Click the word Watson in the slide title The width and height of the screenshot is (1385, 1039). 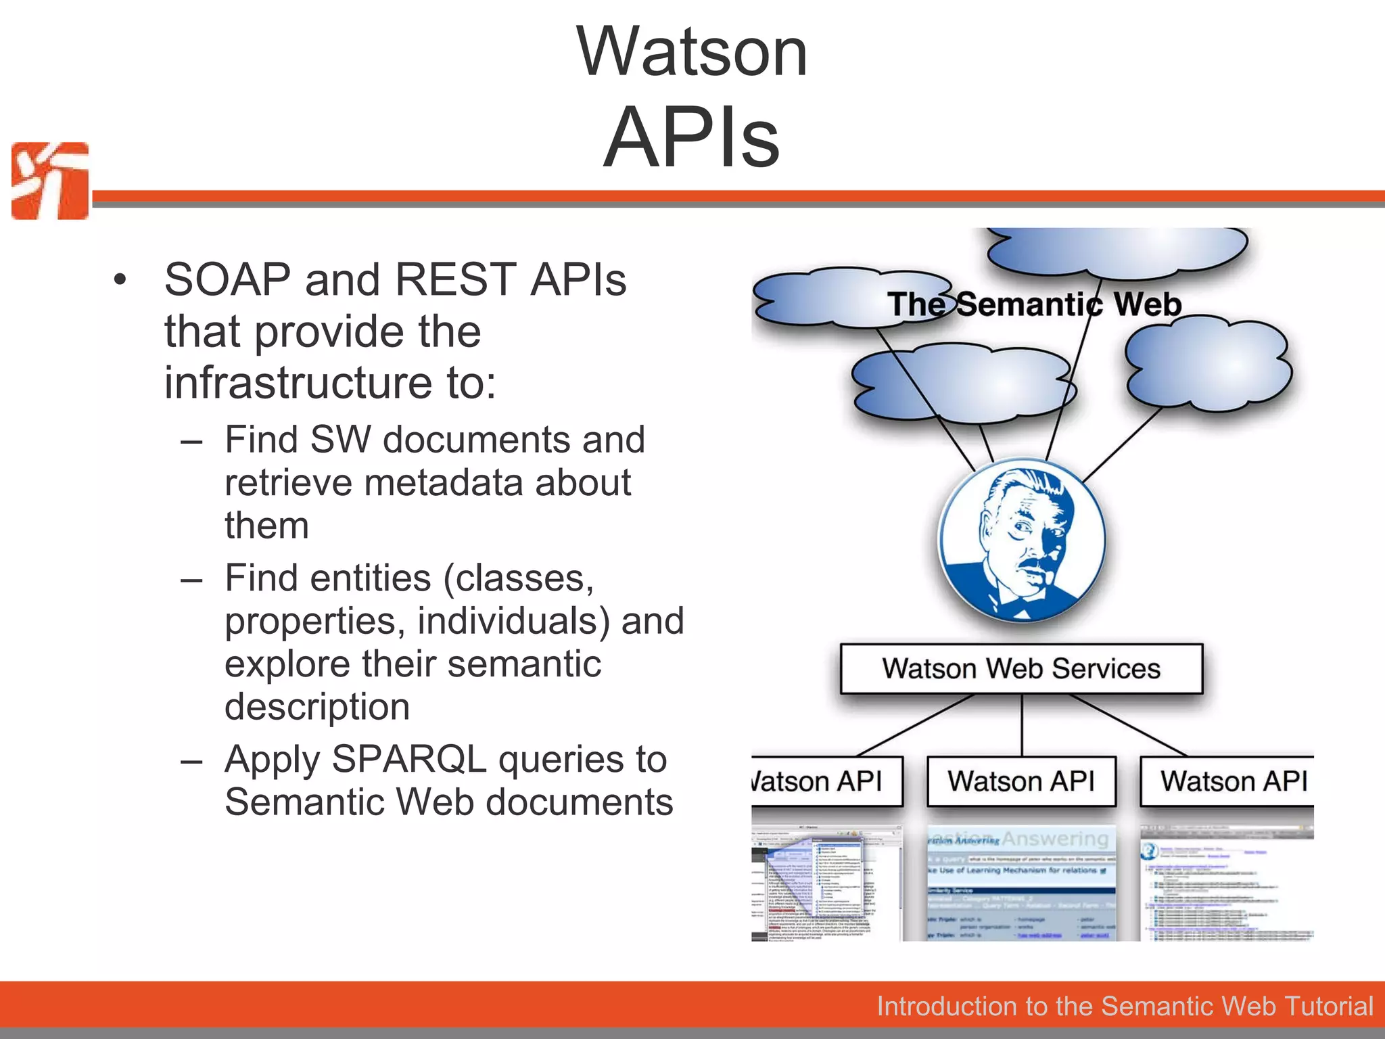pyautogui.click(x=692, y=52)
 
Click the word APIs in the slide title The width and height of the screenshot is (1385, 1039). pyautogui.click(x=692, y=137)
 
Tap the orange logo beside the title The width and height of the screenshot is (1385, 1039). pyautogui.click(x=50, y=181)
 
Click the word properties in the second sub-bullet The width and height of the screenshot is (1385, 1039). pyautogui.click(x=315, y=621)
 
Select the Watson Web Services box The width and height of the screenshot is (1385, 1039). pyautogui.click(x=1021, y=668)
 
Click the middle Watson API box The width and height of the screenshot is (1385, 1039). pyautogui.click(x=1021, y=781)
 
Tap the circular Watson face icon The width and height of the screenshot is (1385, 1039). pyautogui.click(x=1021, y=540)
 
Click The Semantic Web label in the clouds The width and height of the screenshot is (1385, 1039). pyautogui.click(x=1035, y=304)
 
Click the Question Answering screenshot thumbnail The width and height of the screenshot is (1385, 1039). pyautogui.click(x=1021, y=883)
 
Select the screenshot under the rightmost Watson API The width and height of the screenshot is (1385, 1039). pyautogui.click(x=1227, y=883)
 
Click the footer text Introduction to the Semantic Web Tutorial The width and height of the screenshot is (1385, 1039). pyautogui.click(x=1125, y=1006)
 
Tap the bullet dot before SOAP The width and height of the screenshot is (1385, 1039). pyautogui.click(x=120, y=280)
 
